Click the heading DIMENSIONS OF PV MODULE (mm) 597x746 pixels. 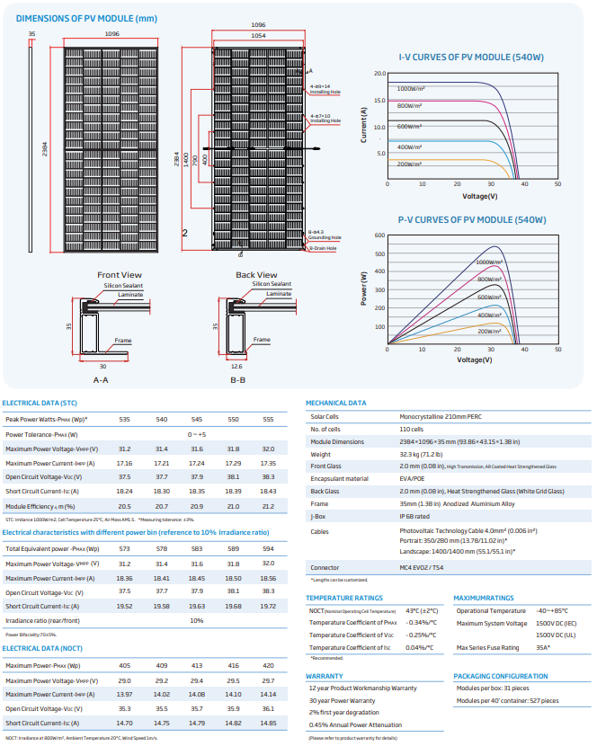[73, 18]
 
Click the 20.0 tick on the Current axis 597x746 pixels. [379, 74]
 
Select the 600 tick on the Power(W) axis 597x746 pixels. [379, 235]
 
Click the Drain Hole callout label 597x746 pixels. [324, 248]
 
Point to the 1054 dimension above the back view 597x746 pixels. [257, 34]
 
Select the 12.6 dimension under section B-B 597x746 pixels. [236, 367]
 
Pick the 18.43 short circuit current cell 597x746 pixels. [268, 492]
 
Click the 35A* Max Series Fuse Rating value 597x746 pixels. [544, 648]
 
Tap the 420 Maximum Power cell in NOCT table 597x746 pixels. [268, 666]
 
